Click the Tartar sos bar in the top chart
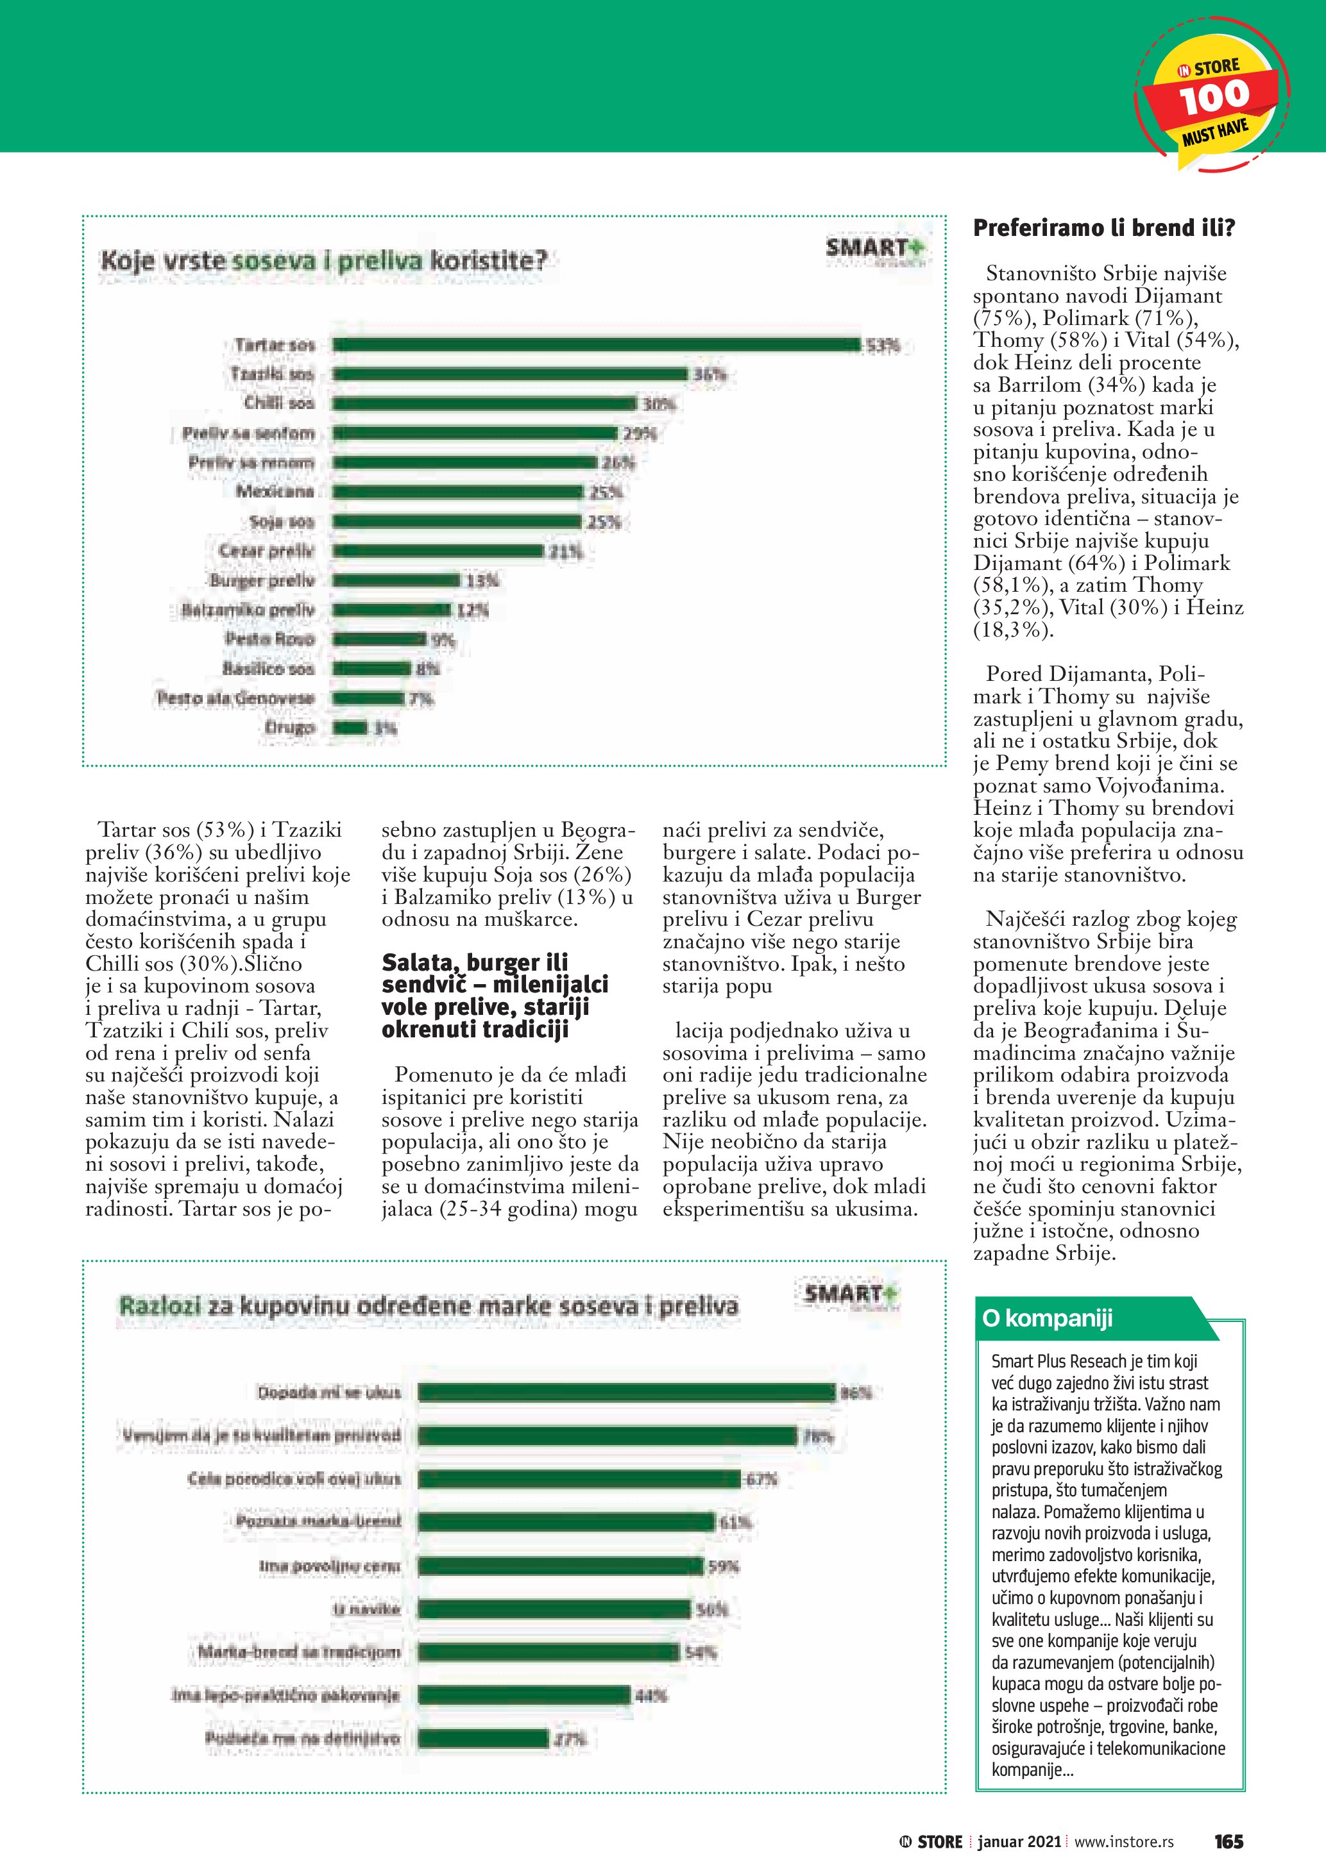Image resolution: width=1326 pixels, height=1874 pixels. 596,344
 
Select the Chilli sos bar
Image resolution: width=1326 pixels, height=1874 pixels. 484,403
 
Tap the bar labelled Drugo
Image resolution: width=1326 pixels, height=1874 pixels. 350,727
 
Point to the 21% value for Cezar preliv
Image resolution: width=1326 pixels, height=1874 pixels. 566,552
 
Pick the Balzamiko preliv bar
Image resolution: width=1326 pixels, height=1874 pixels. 392,610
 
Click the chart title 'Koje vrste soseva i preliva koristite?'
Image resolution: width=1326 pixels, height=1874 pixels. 323,261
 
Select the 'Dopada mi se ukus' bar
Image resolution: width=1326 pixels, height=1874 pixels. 627,1393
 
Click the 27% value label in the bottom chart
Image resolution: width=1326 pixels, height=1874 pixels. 570,1739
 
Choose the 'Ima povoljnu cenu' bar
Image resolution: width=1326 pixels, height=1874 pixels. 560,1566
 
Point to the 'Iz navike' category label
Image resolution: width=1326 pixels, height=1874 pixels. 366,1609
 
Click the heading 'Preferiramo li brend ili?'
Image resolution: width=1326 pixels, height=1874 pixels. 1104,228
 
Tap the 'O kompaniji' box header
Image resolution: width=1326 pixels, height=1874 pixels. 1048,1318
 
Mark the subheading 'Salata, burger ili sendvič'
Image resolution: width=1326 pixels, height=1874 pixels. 495,996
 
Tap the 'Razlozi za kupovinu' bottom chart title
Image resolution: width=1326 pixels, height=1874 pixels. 429,1306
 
